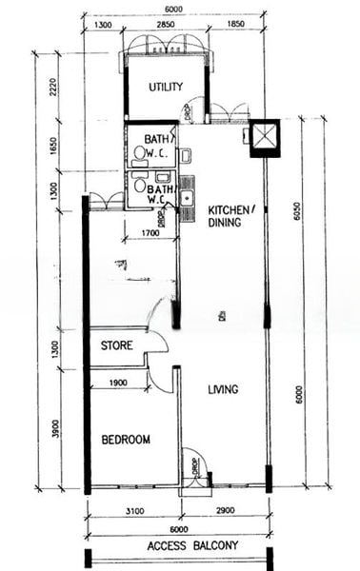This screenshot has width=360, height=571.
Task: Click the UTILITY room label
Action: click(x=166, y=87)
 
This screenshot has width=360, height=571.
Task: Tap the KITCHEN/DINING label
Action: click(x=230, y=216)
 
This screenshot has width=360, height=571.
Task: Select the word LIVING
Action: click(x=223, y=389)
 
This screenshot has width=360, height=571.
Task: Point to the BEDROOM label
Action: click(x=126, y=440)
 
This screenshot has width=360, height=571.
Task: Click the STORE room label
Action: click(x=116, y=346)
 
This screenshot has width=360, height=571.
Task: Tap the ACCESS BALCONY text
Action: click(x=193, y=546)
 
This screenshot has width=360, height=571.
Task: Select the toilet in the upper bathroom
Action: click(x=141, y=153)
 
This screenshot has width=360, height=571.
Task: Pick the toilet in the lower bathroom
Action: click(x=142, y=187)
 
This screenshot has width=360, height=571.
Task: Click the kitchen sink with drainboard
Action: click(x=188, y=194)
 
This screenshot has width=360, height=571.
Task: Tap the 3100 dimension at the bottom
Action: click(x=133, y=512)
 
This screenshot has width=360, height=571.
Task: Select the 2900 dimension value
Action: click(x=225, y=512)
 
